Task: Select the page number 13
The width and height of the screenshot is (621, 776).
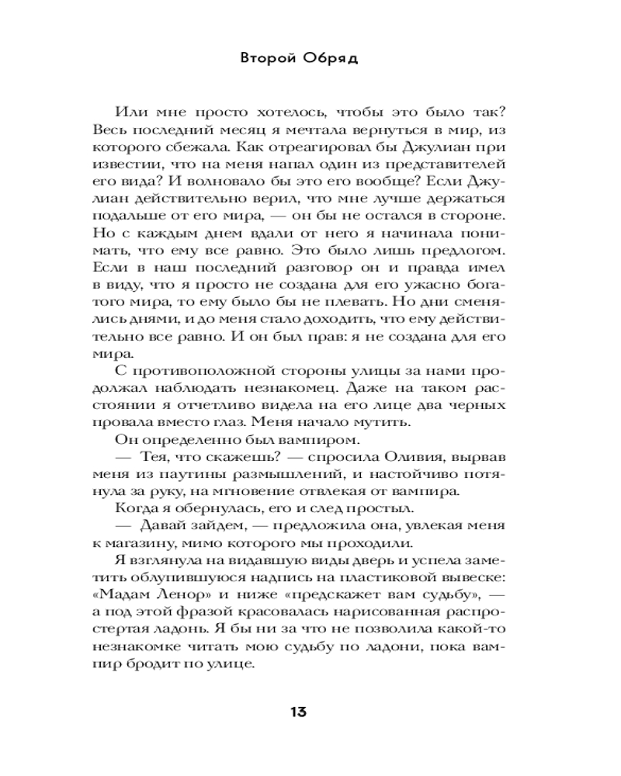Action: click(x=300, y=712)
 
